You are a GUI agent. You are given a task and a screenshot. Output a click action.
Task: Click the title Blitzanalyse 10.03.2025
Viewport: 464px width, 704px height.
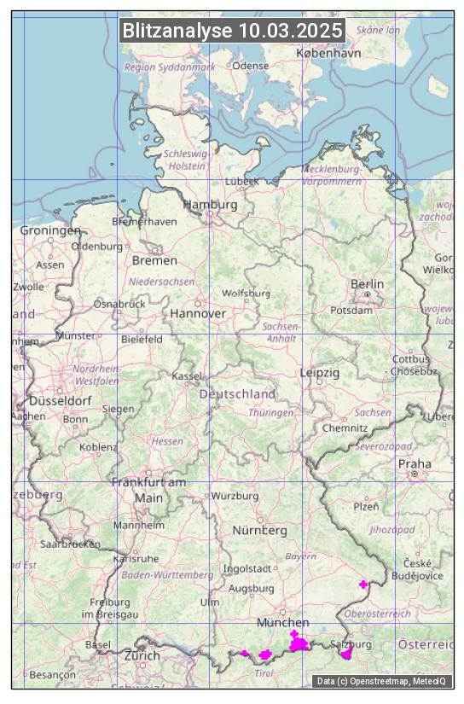(x=232, y=31)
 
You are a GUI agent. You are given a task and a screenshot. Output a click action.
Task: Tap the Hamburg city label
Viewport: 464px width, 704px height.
(x=211, y=205)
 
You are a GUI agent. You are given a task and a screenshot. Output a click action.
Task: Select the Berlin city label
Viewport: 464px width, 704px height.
(x=367, y=283)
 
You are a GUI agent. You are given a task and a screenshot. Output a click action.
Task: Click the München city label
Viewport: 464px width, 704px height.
(x=282, y=622)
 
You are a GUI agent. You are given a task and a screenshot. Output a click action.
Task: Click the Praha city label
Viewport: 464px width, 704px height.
(x=415, y=463)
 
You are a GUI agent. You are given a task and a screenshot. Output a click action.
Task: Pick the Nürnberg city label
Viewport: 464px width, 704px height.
(x=260, y=530)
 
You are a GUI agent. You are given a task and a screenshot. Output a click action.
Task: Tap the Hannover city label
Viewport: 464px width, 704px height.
(x=198, y=313)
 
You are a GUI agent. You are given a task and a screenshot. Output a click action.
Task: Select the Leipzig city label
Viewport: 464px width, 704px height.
(x=320, y=373)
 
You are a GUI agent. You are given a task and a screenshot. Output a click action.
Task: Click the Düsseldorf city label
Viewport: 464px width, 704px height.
(x=61, y=400)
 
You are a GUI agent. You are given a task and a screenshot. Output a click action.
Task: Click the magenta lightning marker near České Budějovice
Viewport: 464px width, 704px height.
(x=364, y=585)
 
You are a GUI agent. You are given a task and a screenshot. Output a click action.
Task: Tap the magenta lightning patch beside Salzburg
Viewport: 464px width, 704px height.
(x=346, y=654)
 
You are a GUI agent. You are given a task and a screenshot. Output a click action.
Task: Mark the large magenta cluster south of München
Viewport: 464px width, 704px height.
(x=298, y=643)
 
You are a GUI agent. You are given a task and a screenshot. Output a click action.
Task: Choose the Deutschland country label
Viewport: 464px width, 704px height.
(x=237, y=394)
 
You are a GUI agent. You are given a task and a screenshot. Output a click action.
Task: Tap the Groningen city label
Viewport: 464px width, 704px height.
(x=50, y=230)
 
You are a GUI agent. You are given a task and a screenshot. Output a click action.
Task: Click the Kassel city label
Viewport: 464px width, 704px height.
(x=186, y=375)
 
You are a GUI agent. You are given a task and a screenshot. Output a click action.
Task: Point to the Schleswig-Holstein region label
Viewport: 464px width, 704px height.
(x=185, y=160)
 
